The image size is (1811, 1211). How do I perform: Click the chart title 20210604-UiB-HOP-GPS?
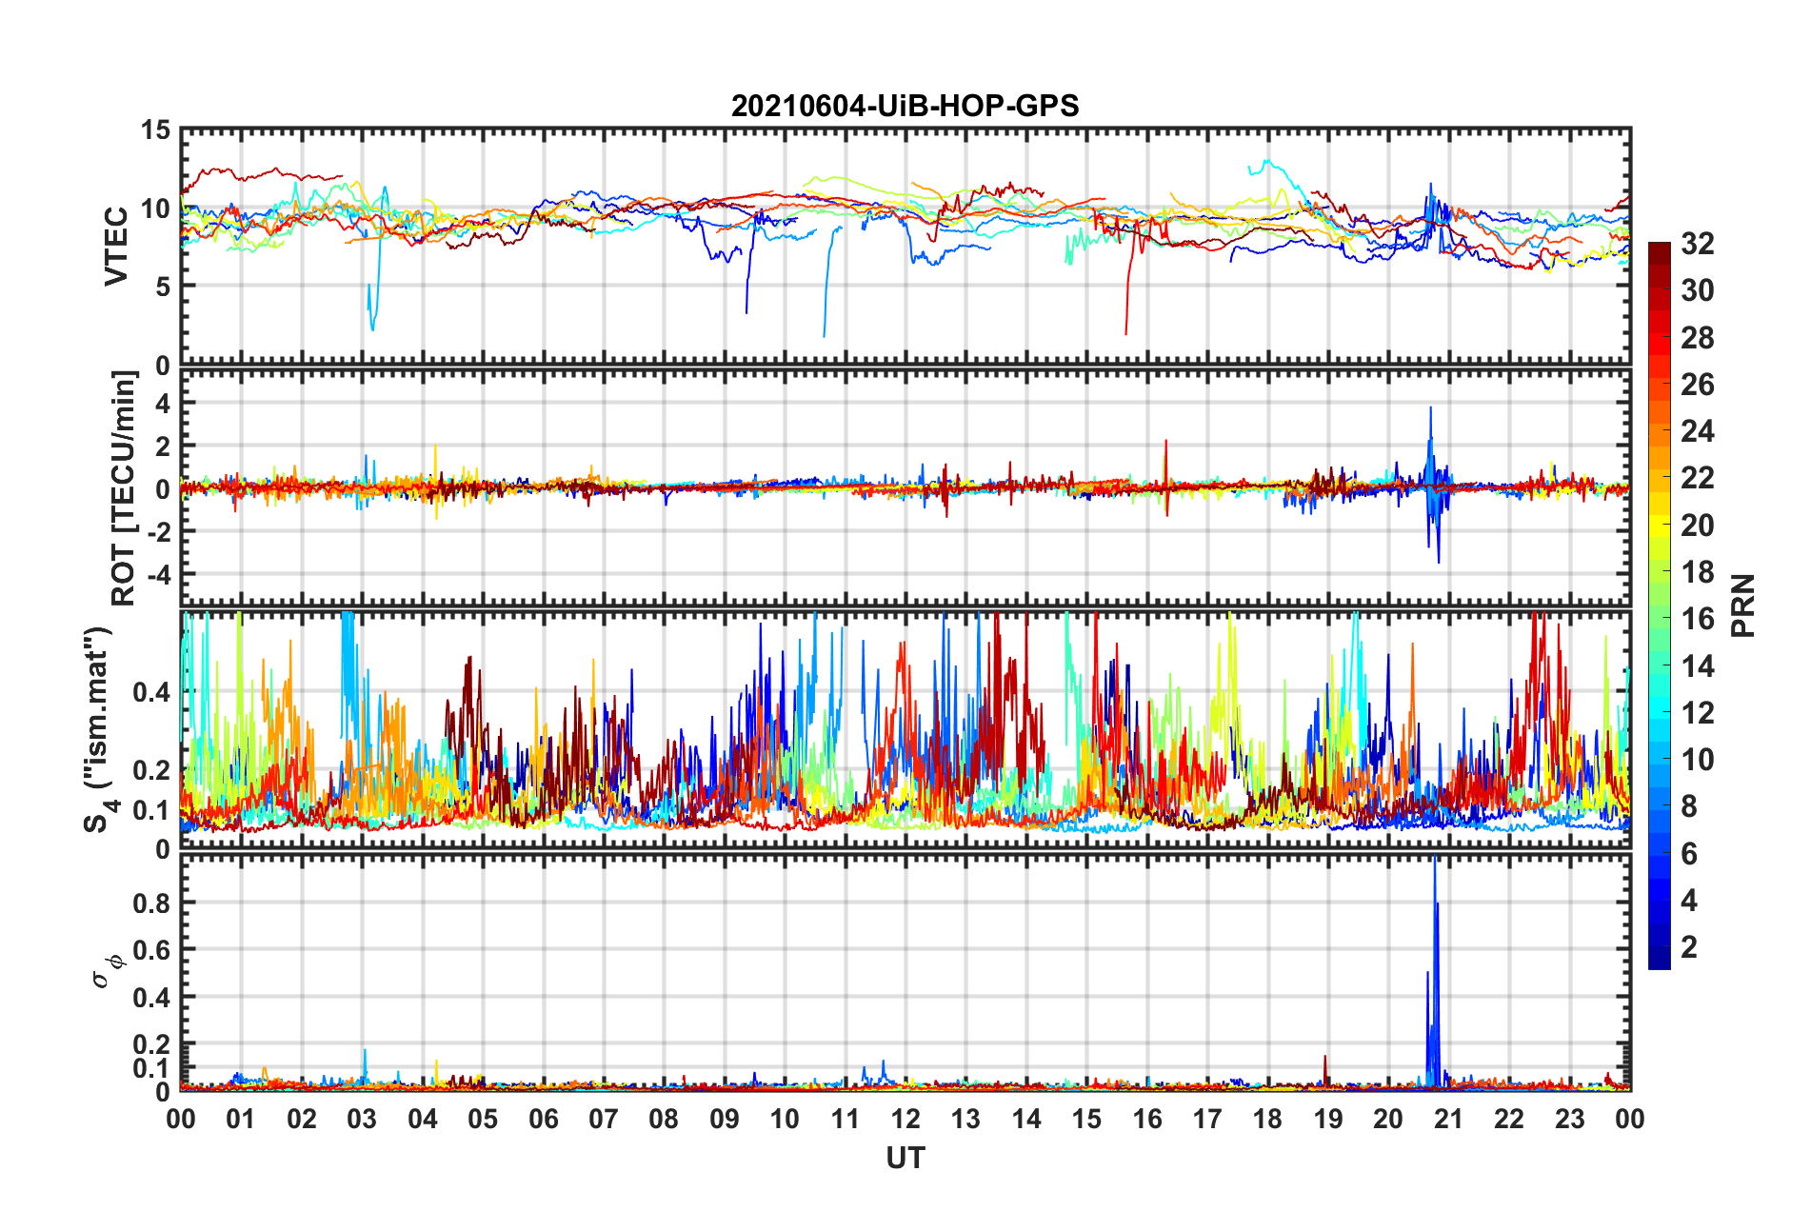[x=905, y=106]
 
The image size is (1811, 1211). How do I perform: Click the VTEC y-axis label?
[x=116, y=246]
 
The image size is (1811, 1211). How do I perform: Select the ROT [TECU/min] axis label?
[x=124, y=487]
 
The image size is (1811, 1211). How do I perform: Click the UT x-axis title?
[x=905, y=1158]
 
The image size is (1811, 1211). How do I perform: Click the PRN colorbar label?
[x=1742, y=605]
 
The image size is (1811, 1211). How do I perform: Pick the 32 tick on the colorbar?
[x=1697, y=244]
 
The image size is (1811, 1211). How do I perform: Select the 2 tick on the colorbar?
[x=1689, y=946]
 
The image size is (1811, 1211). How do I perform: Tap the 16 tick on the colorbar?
[x=1697, y=619]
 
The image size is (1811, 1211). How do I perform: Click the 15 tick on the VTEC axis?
[x=155, y=129]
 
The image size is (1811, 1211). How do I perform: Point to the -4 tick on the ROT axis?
[x=157, y=574]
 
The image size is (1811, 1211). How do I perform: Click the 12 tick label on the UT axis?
[x=905, y=1119]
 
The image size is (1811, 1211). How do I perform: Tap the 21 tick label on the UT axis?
[x=1448, y=1119]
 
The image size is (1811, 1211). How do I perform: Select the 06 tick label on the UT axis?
[x=543, y=1119]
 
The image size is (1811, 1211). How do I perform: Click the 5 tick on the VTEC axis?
[x=163, y=287]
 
